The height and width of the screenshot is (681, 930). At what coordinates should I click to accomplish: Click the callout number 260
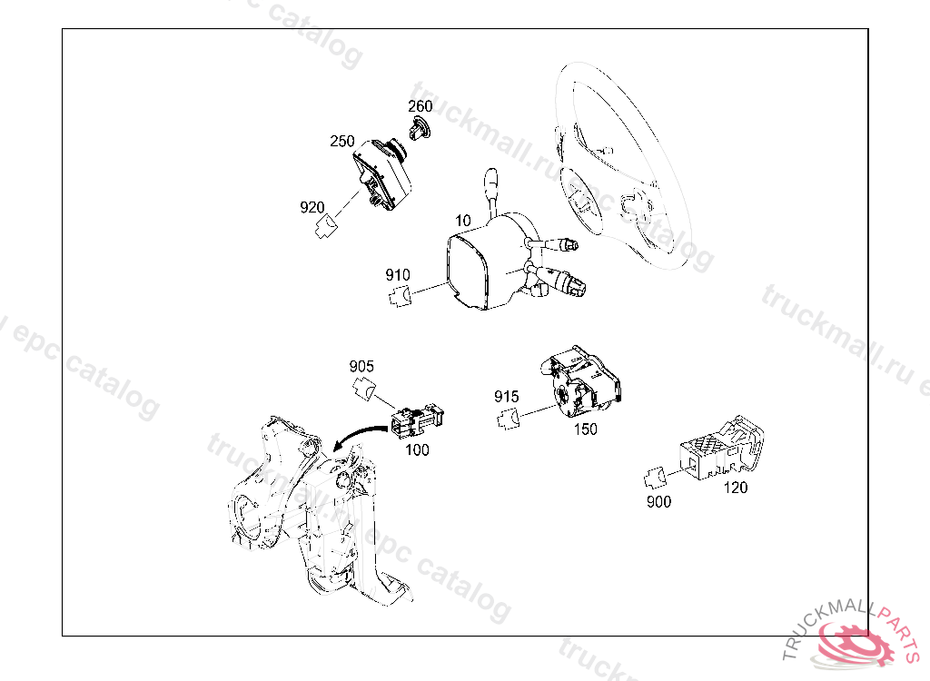point(420,106)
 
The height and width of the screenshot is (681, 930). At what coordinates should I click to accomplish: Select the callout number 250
point(342,141)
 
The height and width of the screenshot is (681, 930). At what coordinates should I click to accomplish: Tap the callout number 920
point(312,207)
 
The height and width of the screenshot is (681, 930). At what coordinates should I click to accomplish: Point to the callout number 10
point(462,221)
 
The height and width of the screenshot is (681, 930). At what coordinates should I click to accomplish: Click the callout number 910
point(398,274)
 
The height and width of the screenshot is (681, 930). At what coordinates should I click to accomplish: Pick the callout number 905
point(361,366)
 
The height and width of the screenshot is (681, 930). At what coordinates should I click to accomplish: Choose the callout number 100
point(417,449)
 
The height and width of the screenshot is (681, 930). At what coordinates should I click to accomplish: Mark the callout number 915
point(507,396)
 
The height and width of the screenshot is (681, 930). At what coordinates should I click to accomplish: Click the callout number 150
point(586,429)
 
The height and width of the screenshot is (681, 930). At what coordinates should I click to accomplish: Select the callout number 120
point(736,488)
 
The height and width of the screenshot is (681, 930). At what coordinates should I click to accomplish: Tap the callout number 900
point(658,502)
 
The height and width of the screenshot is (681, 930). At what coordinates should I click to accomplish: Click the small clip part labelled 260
point(420,128)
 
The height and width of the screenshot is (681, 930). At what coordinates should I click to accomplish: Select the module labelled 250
point(381,174)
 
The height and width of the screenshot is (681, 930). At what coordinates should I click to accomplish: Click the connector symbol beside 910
point(401,295)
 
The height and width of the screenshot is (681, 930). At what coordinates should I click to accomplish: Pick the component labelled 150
point(581,379)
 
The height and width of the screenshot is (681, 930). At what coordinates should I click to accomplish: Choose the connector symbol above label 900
point(656,479)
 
